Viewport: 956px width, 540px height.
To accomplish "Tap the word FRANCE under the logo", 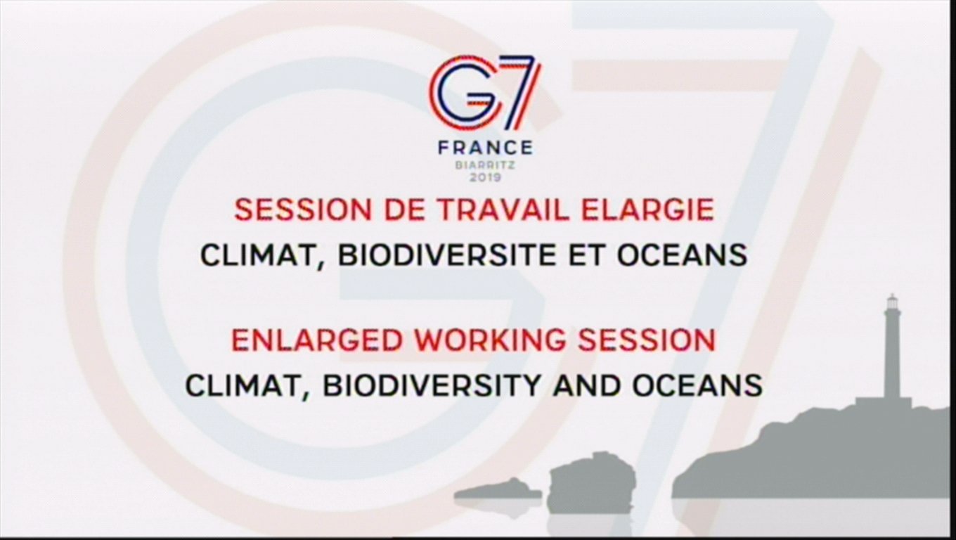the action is click(x=486, y=148).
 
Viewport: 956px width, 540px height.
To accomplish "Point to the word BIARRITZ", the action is click(x=486, y=166).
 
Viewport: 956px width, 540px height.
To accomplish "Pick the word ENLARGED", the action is click(x=317, y=340).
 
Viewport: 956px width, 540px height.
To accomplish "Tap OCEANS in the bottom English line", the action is click(x=697, y=385).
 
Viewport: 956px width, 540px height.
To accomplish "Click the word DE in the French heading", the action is click(x=405, y=210).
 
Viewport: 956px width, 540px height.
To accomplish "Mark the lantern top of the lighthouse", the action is click(x=891, y=302).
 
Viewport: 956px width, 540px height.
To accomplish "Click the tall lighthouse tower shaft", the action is click(x=891, y=355).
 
